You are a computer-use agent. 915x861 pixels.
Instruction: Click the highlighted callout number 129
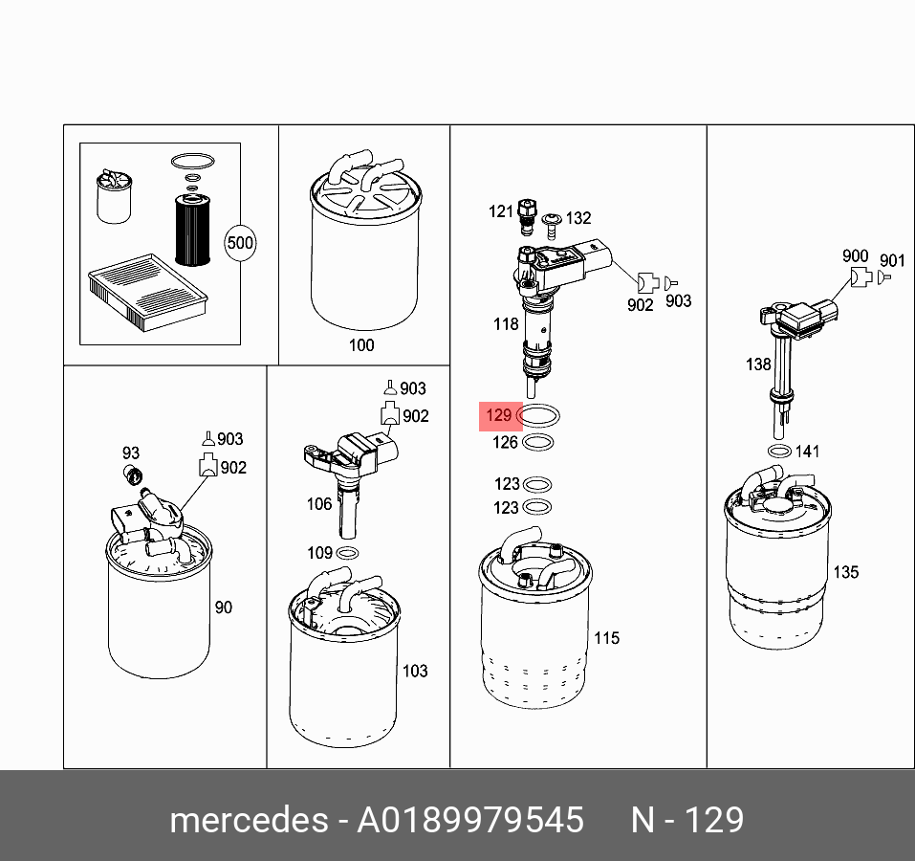pos(498,415)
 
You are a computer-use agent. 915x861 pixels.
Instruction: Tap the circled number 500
pos(240,243)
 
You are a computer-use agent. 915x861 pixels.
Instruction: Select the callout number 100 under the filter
pos(361,345)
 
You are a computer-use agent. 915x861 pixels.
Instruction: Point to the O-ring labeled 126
pos(537,443)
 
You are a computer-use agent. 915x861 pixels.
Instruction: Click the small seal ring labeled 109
pos(347,553)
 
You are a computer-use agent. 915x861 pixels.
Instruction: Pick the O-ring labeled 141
pos(779,452)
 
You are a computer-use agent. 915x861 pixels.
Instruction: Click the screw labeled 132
pos(552,226)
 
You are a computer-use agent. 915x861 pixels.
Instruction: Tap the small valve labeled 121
pos(527,216)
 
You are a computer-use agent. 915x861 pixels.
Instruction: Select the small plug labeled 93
pos(134,475)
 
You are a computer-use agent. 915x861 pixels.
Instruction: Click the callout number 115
pos(606,638)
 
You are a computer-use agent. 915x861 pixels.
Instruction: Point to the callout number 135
pos(845,572)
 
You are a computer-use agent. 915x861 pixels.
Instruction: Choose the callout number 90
pos(224,607)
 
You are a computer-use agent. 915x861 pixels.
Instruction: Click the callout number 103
pos(415,672)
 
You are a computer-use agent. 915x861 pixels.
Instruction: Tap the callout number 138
pos(758,364)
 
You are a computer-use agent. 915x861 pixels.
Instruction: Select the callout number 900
pos(855,255)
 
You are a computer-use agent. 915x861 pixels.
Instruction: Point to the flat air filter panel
pos(147,292)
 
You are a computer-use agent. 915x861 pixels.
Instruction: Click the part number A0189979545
pos(470,820)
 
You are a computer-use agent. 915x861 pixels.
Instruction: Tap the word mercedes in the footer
pos(250,820)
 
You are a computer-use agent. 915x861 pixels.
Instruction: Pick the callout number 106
pos(319,504)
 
